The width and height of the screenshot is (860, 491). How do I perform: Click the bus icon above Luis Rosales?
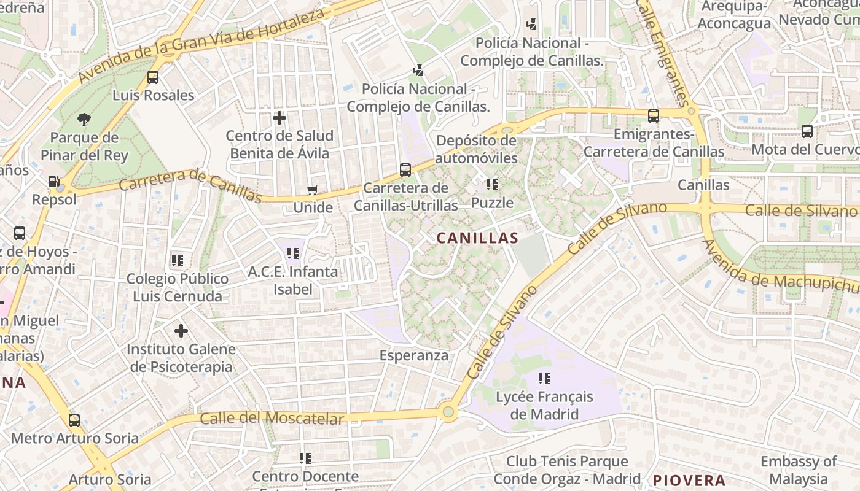(x=153, y=78)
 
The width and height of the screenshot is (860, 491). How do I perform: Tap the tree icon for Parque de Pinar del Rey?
(x=84, y=119)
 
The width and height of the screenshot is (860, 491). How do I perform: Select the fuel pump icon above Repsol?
(x=54, y=182)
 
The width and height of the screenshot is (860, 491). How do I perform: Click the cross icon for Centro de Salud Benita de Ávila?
(x=279, y=117)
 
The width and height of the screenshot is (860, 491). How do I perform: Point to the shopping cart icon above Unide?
(x=313, y=190)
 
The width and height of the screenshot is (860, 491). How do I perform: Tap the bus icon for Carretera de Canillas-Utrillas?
(x=405, y=170)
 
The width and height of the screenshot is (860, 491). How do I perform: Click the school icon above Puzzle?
(x=491, y=184)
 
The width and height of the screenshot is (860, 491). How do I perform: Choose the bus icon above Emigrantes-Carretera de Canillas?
(x=654, y=116)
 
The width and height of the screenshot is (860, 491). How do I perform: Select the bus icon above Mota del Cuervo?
(x=807, y=131)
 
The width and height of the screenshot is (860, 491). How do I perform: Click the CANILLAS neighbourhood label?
(x=477, y=238)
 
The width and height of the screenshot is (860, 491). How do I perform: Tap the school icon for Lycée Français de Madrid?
(x=544, y=379)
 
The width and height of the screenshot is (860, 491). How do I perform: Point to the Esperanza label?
(x=413, y=355)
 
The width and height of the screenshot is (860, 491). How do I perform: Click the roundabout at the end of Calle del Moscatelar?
(x=448, y=412)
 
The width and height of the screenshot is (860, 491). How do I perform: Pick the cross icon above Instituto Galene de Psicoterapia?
(x=181, y=331)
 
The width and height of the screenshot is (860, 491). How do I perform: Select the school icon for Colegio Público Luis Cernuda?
(x=178, y=261)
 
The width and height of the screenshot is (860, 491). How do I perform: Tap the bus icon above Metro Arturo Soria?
(x=74, y=420)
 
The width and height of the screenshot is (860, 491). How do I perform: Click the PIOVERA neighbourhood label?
(x=689, y=480)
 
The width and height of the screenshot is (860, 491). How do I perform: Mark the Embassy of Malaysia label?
(x=798, y=470)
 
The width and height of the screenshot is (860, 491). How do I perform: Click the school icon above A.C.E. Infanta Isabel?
(x=293, y=253)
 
